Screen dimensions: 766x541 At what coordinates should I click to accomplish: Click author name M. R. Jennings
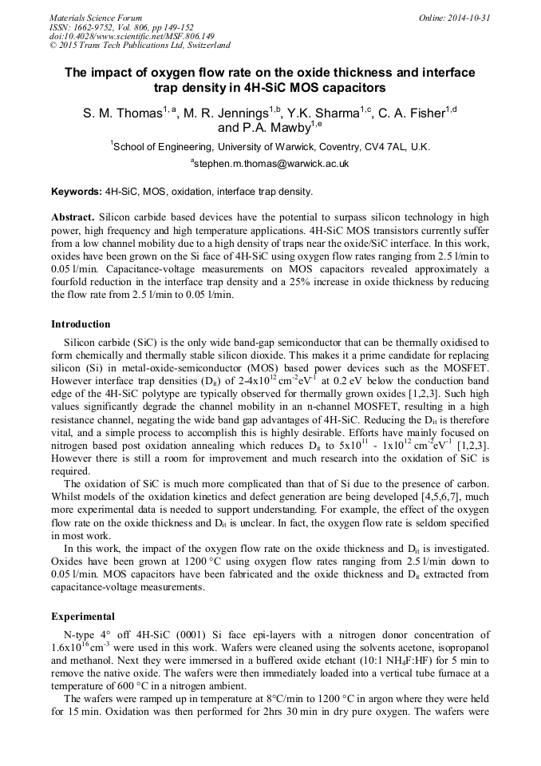point(224,113)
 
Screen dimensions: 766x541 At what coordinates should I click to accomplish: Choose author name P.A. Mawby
point(274,128)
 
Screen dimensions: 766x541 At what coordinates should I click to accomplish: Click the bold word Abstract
point(73,217)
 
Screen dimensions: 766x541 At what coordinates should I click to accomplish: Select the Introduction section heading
point(81,324)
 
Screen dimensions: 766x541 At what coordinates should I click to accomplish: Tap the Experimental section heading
point(83,617)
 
